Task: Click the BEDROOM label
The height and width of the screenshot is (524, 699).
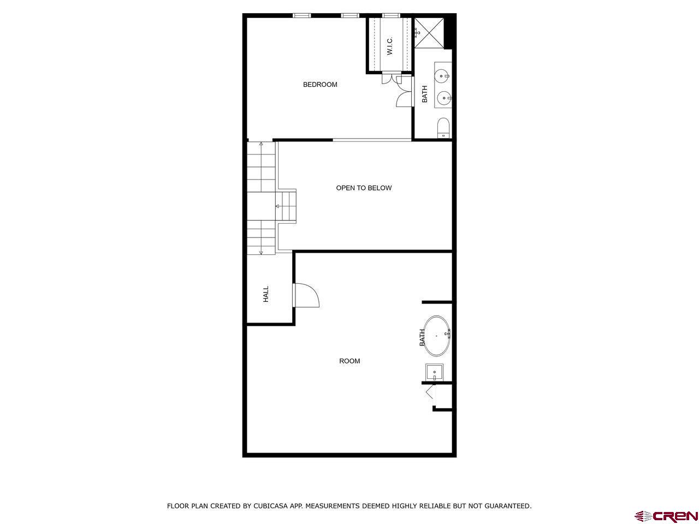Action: pyautogui.click(x=320, y=85)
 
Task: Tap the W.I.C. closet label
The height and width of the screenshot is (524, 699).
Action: pyautogui.click(x=390, y=46)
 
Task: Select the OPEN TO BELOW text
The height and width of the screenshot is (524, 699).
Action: pyautogui.click(x=364, y=188)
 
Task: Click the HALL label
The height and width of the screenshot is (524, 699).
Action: pyautogui.click(x=266, y=295)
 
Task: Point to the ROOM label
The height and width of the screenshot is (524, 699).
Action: pyautogui.click(x=349, y=361)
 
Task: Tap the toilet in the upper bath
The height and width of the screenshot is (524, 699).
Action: pyautogui.click(x=443, y=128)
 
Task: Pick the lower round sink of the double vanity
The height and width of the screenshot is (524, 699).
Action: pyautogui.click(x=443, y=99)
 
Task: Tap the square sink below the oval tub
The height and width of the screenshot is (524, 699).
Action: pyautogui.click(x=435, y=373)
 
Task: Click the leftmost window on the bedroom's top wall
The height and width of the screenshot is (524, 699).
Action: pyautogui.click(x=301, y=15)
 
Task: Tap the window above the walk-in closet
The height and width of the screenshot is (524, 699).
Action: pyautogui.click(x=390, y=15)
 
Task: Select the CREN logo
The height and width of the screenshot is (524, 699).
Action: pyautogui.click(x=666, y=516)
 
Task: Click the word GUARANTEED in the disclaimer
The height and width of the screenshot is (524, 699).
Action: pyautogui.click(x=508, y=506)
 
